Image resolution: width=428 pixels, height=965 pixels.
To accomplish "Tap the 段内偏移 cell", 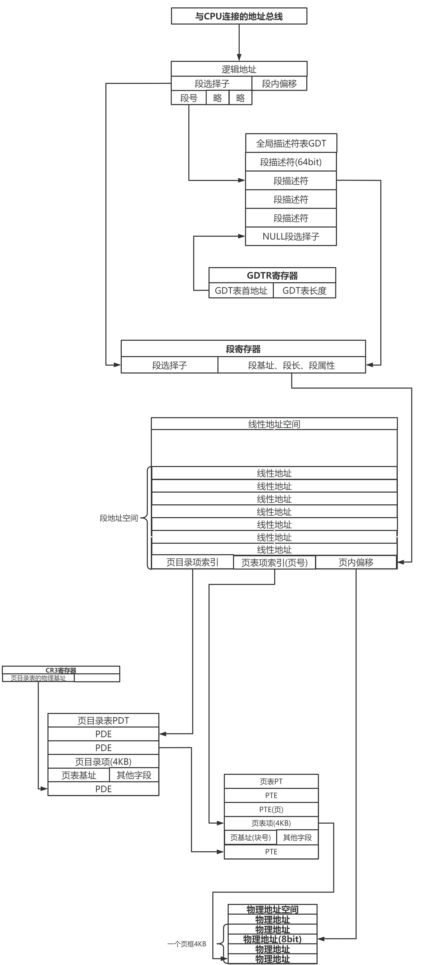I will pyautogui.click(x=279, y=84).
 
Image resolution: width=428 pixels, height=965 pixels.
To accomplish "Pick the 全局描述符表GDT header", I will pyautogui.click(x=291, y=143).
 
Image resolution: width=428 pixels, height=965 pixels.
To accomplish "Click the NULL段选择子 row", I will pyautogui.click(x=291, y=236).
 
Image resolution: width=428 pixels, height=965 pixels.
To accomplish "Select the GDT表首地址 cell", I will pyautogui.click(x=241, y=291).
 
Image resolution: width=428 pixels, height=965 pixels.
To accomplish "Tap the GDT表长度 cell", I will pyautogui.click(x=304, y=291).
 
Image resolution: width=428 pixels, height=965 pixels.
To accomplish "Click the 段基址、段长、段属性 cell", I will pyautogui.click(x=291, y=365).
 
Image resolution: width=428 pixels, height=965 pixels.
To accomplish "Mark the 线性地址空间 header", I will pyautogui.click(x=274, y=424).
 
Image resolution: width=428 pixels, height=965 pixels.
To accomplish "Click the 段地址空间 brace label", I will pyautogui.click(x=119, y=518).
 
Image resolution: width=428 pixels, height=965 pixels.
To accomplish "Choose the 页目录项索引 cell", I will pyautogui.click(x=192, y=562).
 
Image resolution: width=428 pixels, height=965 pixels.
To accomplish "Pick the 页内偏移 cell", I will pyautogui.click(x=356, y=563).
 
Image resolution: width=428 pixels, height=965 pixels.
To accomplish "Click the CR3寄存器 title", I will pyautogui.click(x=61, y=670).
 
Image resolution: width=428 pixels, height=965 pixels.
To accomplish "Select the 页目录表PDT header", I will pyautogui.click(x=103, y=720).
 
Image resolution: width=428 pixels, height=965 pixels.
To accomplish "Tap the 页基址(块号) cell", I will pyautogui.click(x=250, y=837).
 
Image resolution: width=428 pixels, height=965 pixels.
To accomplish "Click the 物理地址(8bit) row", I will pyautogui.click(x=272, y=939).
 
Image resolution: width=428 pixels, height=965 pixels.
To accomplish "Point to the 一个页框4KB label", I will pyautogui.click(x=187, y=944).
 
